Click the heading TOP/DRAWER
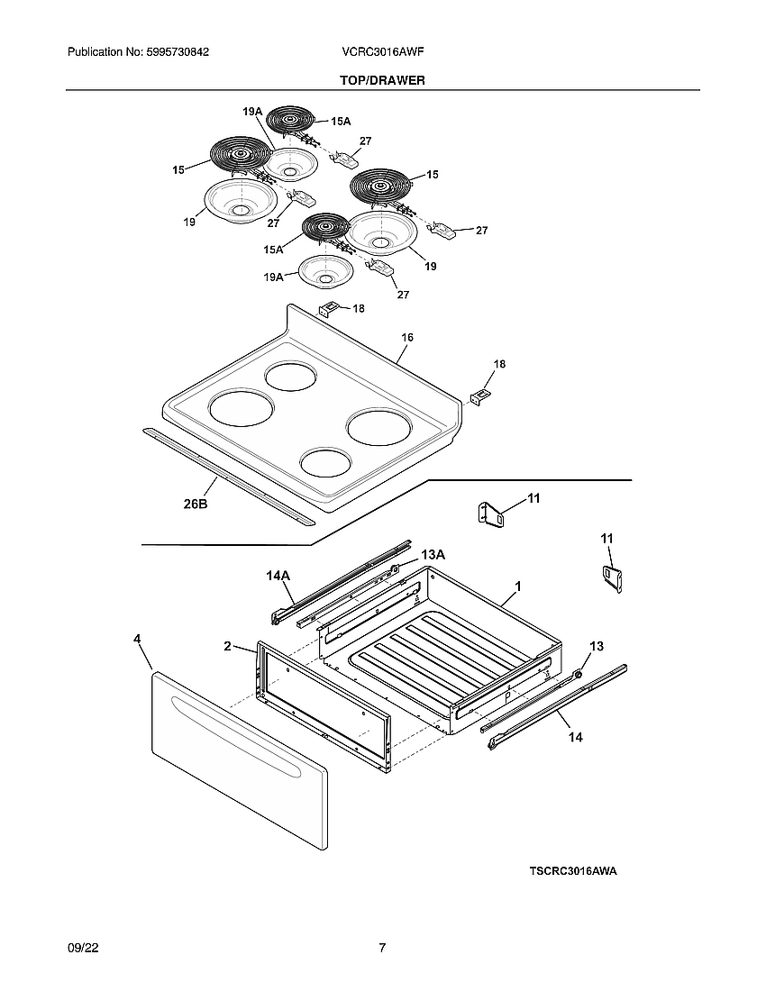382,80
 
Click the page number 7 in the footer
382,948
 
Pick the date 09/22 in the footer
82,948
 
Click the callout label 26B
196,505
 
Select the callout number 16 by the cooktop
407,337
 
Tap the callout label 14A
278,575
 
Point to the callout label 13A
433,554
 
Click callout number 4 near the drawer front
137,639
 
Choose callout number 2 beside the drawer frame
228,646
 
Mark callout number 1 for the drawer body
518,586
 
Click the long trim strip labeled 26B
225,475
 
